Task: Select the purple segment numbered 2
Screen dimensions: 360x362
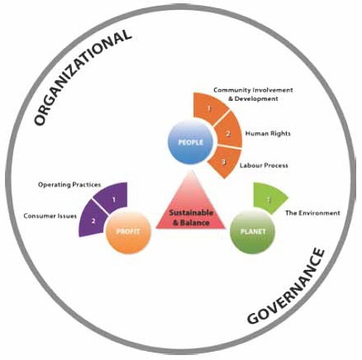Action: coord(94,221)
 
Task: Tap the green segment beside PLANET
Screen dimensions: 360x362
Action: coord(269,198)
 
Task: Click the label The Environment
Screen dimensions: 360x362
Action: coord(312,213)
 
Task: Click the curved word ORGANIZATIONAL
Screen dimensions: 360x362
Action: coord(82,78)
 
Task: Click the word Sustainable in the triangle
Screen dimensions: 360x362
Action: coord(191,212)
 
